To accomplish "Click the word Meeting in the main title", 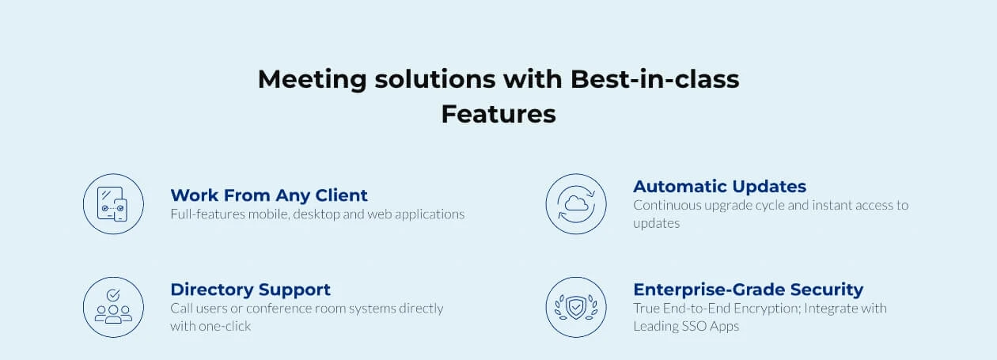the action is pos(312,80).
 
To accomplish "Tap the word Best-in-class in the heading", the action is pos(654,79).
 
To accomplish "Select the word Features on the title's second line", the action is pos(498,114).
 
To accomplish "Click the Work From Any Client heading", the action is pos(269,195).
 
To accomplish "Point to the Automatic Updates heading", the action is pos(720,187).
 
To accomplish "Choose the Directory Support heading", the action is pos(251,290).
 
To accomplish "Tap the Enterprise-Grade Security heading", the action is pos(749,290).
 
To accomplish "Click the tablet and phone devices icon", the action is pos(113,204).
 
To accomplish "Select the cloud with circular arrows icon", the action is pos(576,204).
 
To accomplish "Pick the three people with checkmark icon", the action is pos(113,307).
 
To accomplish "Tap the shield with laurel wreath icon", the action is pos(576,307).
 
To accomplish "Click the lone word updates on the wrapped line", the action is pos(657,223).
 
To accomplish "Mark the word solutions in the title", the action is pos(435,79).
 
